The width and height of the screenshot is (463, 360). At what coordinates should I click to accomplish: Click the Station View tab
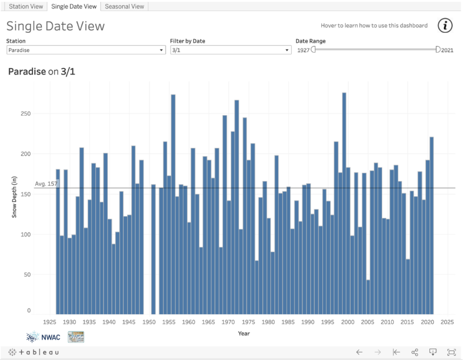click(26, 6)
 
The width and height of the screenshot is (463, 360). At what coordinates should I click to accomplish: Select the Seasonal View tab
click(124, 6)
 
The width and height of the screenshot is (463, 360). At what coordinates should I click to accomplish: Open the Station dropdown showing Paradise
click(86, 50)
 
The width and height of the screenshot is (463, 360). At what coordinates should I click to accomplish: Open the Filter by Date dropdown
click(230, 50)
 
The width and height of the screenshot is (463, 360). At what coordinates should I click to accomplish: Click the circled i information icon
click(445, 25)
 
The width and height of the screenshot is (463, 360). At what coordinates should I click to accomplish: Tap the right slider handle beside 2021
click(438, 50)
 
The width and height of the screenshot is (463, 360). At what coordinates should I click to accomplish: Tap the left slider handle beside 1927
click(314, 50)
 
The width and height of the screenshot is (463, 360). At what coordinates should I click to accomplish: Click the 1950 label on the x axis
click(149, 322)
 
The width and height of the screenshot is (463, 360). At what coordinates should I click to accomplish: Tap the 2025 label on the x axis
click(447, 322)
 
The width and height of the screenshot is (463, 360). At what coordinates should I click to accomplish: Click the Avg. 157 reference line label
click(46, 184)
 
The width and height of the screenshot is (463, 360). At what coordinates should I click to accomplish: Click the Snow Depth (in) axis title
click(14, 197)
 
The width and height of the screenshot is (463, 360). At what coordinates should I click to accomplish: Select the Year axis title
click(244, 333)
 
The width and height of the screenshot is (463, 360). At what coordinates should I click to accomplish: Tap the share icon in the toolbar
click(415, 352)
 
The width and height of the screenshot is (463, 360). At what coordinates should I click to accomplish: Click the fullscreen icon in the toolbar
click(451, 352)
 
